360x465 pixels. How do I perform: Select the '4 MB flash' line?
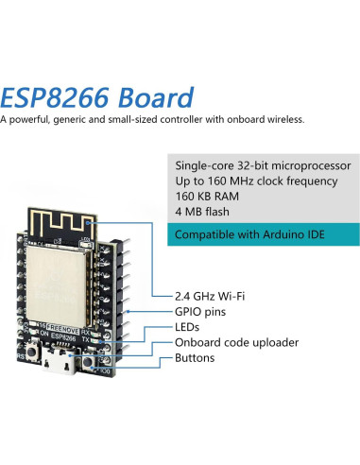pyautogui.click(x=202, y=213)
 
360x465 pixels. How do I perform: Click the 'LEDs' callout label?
pyautogui.click(x=190, y=326)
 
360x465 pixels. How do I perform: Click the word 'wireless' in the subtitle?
pyautogui.click(x=281, y=120)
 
